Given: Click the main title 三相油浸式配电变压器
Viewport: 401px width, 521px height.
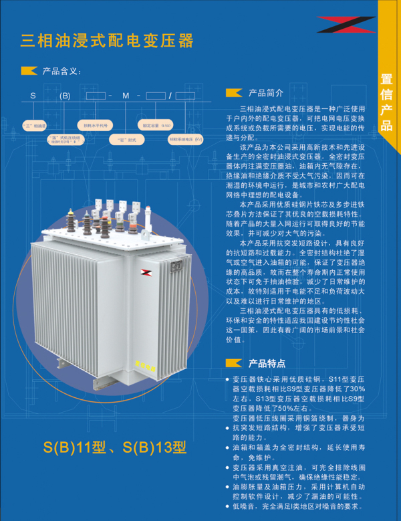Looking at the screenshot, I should (107, 41).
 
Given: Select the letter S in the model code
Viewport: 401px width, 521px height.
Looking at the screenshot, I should (33, 96).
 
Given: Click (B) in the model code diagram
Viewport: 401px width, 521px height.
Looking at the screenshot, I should (64, 96).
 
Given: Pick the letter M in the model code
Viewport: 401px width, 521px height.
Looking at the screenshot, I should (125, 96).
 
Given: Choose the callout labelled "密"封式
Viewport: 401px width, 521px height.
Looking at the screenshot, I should (122, 140).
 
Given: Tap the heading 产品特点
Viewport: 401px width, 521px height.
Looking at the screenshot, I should (267, 364).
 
